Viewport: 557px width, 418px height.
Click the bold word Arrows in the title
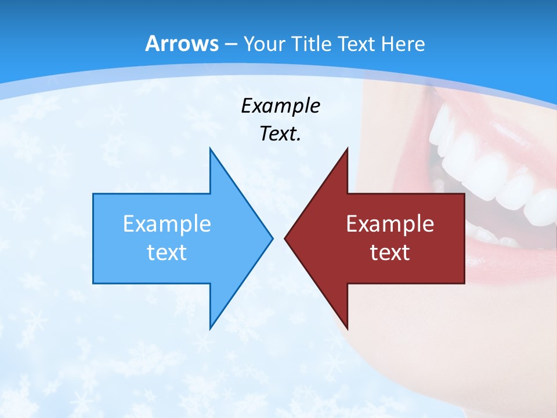(182, 44)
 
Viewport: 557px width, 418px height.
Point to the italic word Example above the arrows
(280, 106)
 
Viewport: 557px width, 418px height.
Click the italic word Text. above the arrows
(280, 134)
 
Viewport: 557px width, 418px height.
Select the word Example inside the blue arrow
(167, 224)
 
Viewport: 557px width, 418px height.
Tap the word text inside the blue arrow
(167, 252)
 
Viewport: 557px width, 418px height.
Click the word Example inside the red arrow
(390, 224)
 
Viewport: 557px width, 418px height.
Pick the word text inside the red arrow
(390, 252)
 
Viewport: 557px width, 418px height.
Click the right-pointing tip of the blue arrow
(272, 238)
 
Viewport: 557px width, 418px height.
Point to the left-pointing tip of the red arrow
(285, 238)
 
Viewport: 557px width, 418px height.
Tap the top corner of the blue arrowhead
(210, 149)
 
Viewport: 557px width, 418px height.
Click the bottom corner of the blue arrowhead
(210, 328)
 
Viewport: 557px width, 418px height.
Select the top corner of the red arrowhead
(347, 149)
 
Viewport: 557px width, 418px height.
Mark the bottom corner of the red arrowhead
(347, 328)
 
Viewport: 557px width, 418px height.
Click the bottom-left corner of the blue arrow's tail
(93, 283)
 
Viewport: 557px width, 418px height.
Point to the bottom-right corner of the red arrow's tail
(464, 283)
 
